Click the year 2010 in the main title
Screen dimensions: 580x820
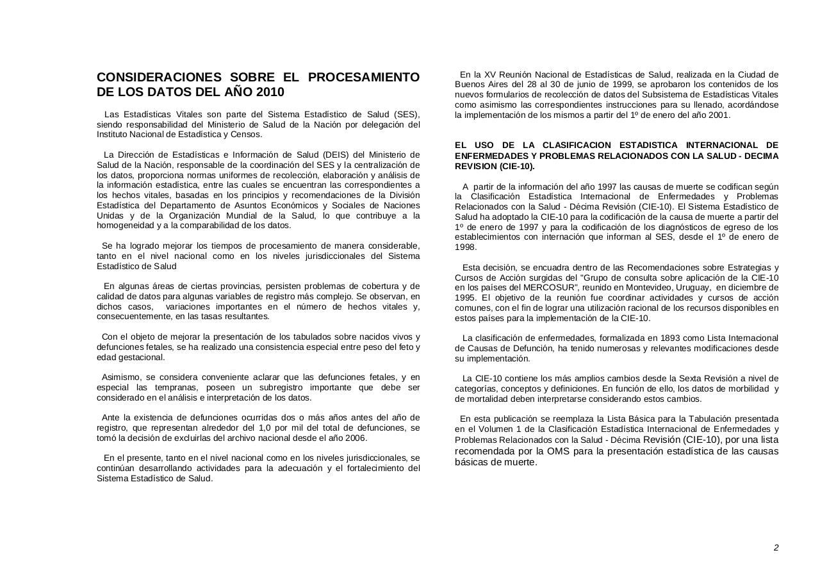(270, 92)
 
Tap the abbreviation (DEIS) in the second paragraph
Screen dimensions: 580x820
(335, 154)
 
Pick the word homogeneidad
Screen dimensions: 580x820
(124, 226)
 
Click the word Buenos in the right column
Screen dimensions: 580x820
(470, 85)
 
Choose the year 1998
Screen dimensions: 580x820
(466, 247)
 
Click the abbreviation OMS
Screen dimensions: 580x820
(554, 451)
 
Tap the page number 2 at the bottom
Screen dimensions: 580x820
(776, 547)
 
